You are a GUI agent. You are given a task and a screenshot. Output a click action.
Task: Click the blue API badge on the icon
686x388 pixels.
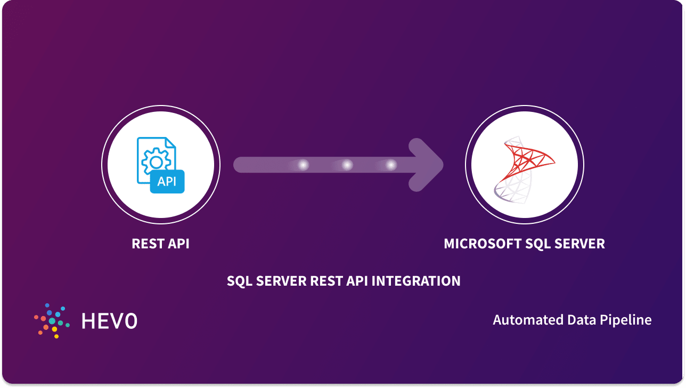point(167,181)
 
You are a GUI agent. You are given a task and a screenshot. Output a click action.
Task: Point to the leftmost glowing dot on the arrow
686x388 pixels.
point(303,165)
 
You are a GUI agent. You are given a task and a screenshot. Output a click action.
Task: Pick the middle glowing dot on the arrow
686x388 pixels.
point(347,165)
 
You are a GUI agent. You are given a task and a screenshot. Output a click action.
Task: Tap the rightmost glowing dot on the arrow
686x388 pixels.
point(391,165)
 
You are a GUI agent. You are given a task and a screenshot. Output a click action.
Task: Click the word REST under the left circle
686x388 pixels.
point(147,244)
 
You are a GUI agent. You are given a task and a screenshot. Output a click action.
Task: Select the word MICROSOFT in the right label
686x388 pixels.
point(475,244)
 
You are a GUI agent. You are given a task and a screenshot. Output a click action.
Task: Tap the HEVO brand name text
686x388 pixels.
point(109,320)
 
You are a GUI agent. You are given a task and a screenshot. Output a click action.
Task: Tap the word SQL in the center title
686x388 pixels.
point(240,281)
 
